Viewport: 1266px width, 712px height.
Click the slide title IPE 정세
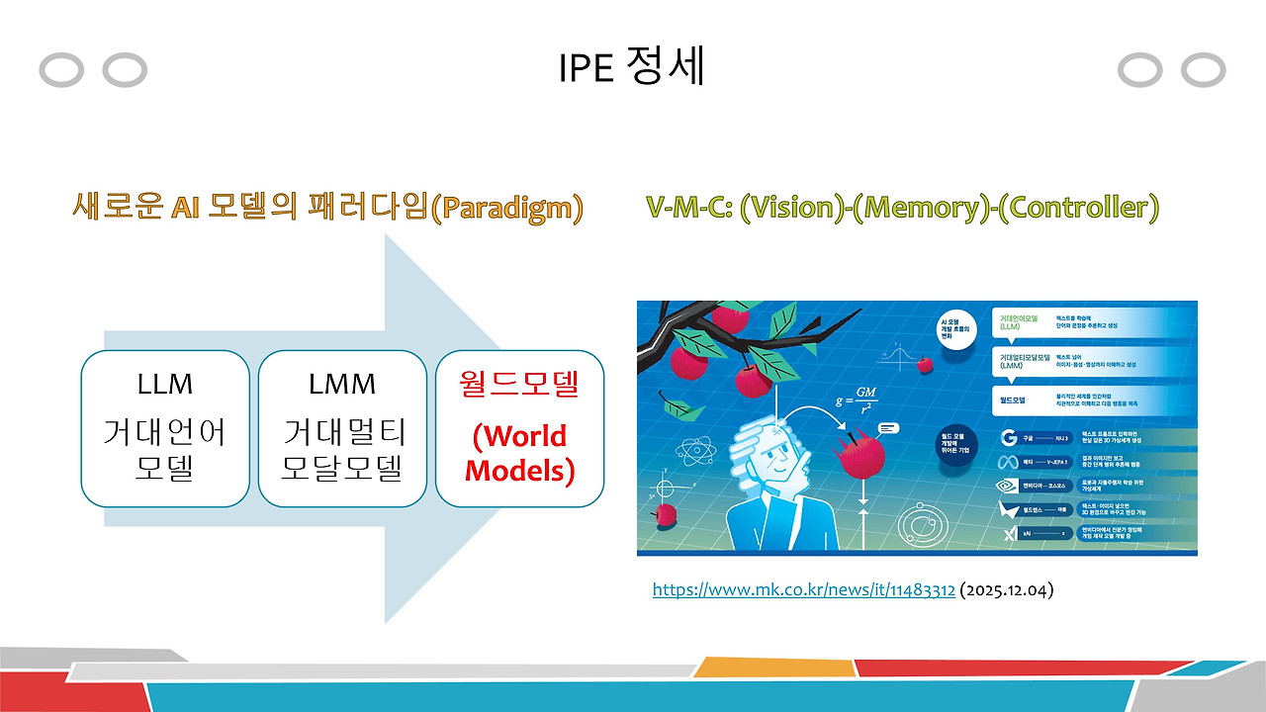tap(631, 67)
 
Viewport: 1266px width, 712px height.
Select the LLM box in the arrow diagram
tap(164, 428)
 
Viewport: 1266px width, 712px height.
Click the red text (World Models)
tap(519, 453)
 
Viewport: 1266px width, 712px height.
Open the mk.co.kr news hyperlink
tap(803, 590)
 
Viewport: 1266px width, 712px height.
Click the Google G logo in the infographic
tap(1009, 438)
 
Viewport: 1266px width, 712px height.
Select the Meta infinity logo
tap(1009, 463)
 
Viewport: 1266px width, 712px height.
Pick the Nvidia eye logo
tap(1009, 486)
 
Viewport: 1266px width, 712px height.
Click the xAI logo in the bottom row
tap(1009, 534)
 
